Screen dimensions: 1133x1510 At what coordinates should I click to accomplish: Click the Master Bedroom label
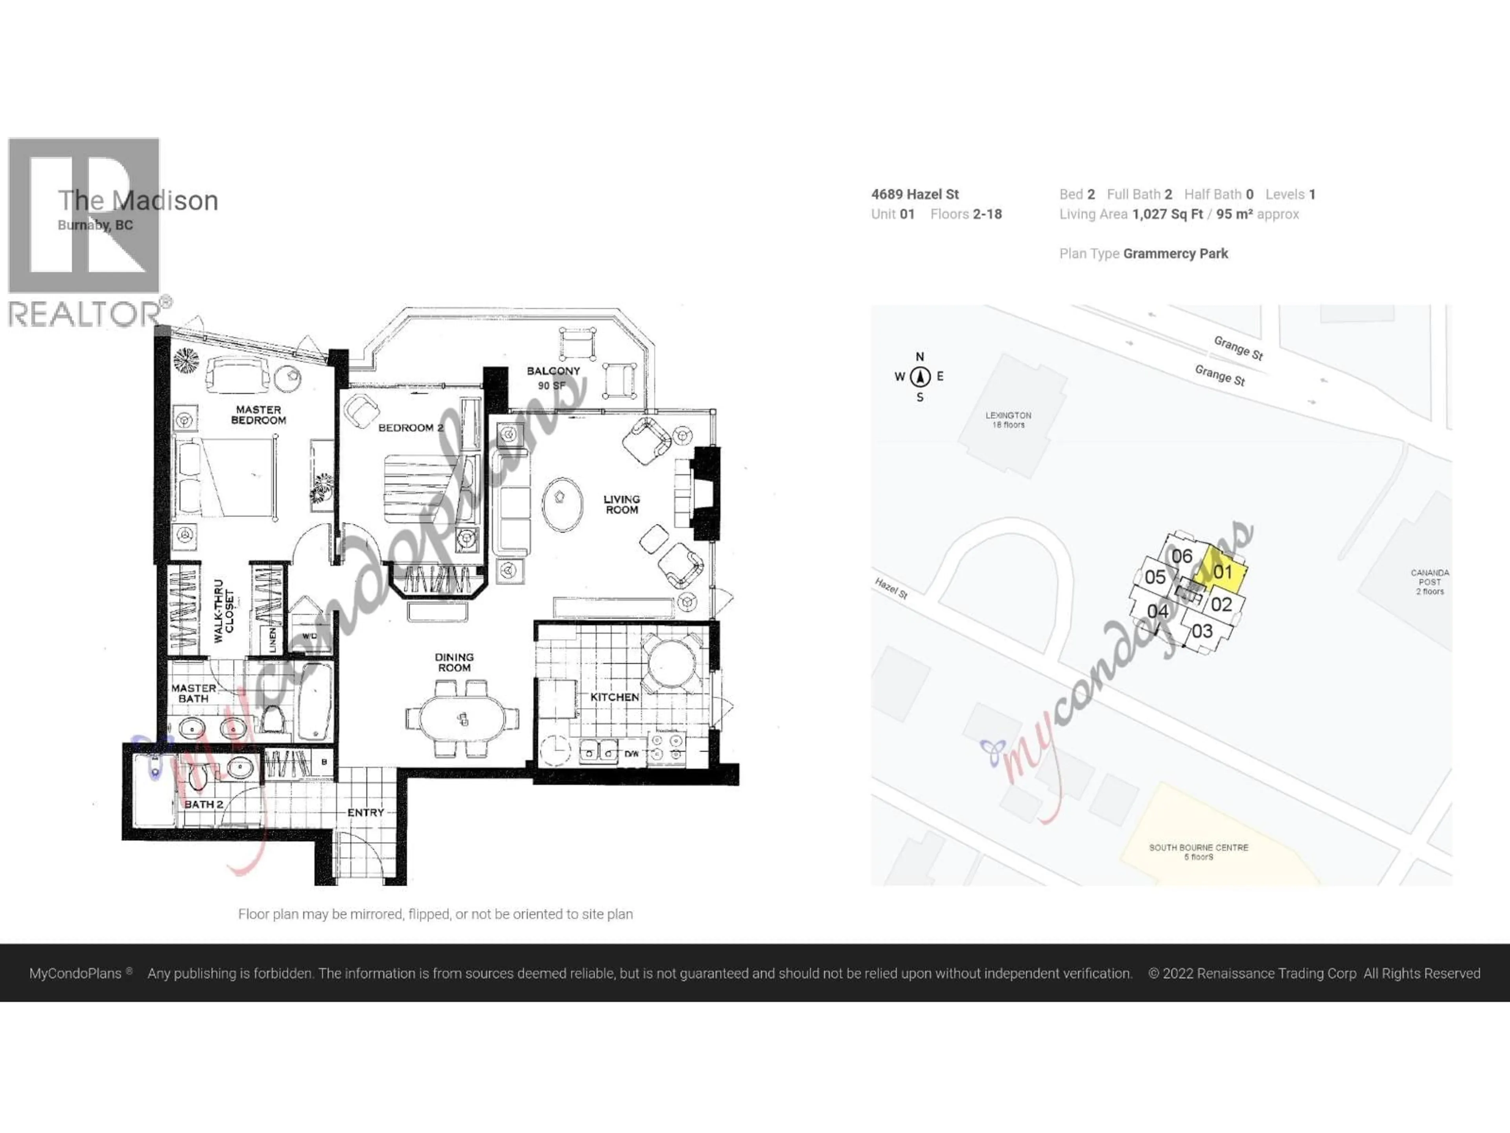point(258,415)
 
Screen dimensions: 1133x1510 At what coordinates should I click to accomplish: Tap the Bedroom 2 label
point(410,428)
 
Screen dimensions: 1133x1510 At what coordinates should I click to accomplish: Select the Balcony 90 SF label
point(553,378)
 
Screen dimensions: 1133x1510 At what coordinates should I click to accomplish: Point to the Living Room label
point(621,504)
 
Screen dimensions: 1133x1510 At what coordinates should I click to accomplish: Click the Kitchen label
point(614,697)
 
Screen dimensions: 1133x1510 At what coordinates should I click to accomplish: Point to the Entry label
point(365,812)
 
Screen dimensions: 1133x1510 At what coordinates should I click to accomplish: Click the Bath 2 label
point(203,805)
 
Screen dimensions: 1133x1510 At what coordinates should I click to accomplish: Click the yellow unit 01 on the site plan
point(1222,572)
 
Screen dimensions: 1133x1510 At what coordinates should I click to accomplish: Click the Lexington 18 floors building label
point(1008,419)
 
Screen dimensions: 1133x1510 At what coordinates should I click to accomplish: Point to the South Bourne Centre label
point(1199,851)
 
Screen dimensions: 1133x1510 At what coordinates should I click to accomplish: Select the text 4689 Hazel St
point(915,194)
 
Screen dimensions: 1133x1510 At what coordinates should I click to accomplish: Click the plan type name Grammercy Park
point(1175,253)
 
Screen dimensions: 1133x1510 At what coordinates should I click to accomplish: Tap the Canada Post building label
point(1429,582)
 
